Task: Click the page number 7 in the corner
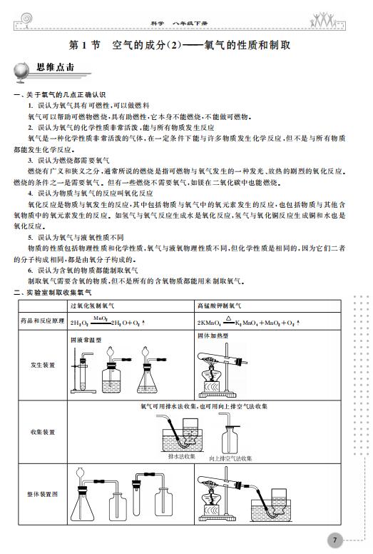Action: pos(334,540)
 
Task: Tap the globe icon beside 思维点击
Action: pos(21,72)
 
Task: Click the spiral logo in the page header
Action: pos(26,19)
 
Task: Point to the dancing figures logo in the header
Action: pos(322,19)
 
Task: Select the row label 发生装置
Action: pos(43,365)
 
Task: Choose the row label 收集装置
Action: pos(43,432)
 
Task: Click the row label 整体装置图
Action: pos(43,494)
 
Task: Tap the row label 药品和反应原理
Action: pos(43,321)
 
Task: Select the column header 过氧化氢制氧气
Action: pos(92,306)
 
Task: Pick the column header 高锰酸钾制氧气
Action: pos(219,306)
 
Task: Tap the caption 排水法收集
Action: pos(181,456)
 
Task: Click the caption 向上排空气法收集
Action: pos(230,458)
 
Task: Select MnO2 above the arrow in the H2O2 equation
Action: pos(101,318)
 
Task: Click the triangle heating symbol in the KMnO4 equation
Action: pos(229,318)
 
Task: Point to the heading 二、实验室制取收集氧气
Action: pos(53,293)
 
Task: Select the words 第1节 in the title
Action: pos(84,45)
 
